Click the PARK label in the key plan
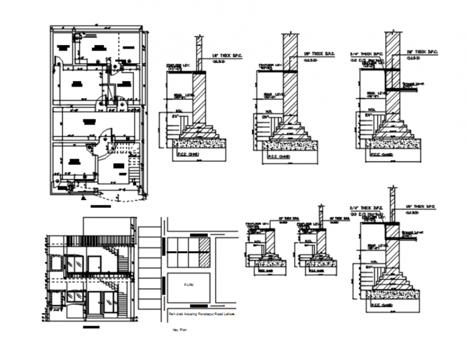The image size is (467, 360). pyautogui.click(x=187, y=285)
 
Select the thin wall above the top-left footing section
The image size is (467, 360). pyautogui.click(x=198, y=54)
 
